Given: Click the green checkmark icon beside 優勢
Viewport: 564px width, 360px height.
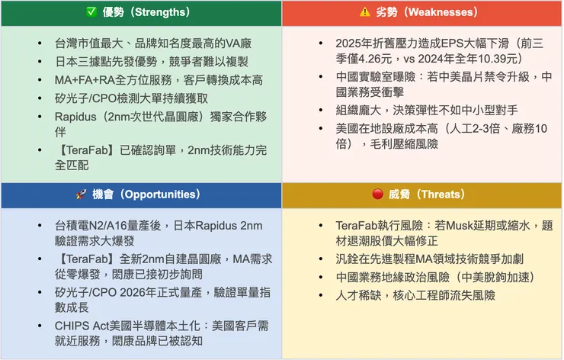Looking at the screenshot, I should point(90,12).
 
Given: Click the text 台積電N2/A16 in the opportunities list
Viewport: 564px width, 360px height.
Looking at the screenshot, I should point(91,227).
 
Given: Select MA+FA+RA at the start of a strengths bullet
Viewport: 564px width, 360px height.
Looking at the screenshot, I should point(79,80).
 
